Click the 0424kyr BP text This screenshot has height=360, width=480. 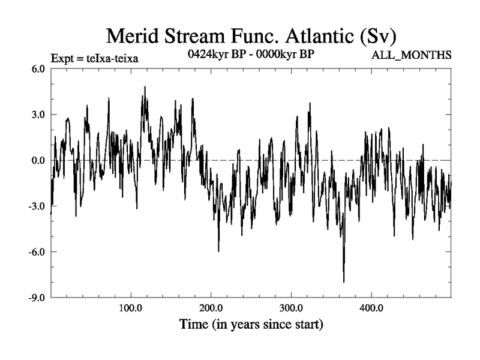tap(214, 53)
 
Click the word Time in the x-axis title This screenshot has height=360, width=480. tap(194, 325)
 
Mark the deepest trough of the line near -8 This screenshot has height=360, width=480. tap(344, 281)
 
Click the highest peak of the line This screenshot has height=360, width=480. tap(145, 87)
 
